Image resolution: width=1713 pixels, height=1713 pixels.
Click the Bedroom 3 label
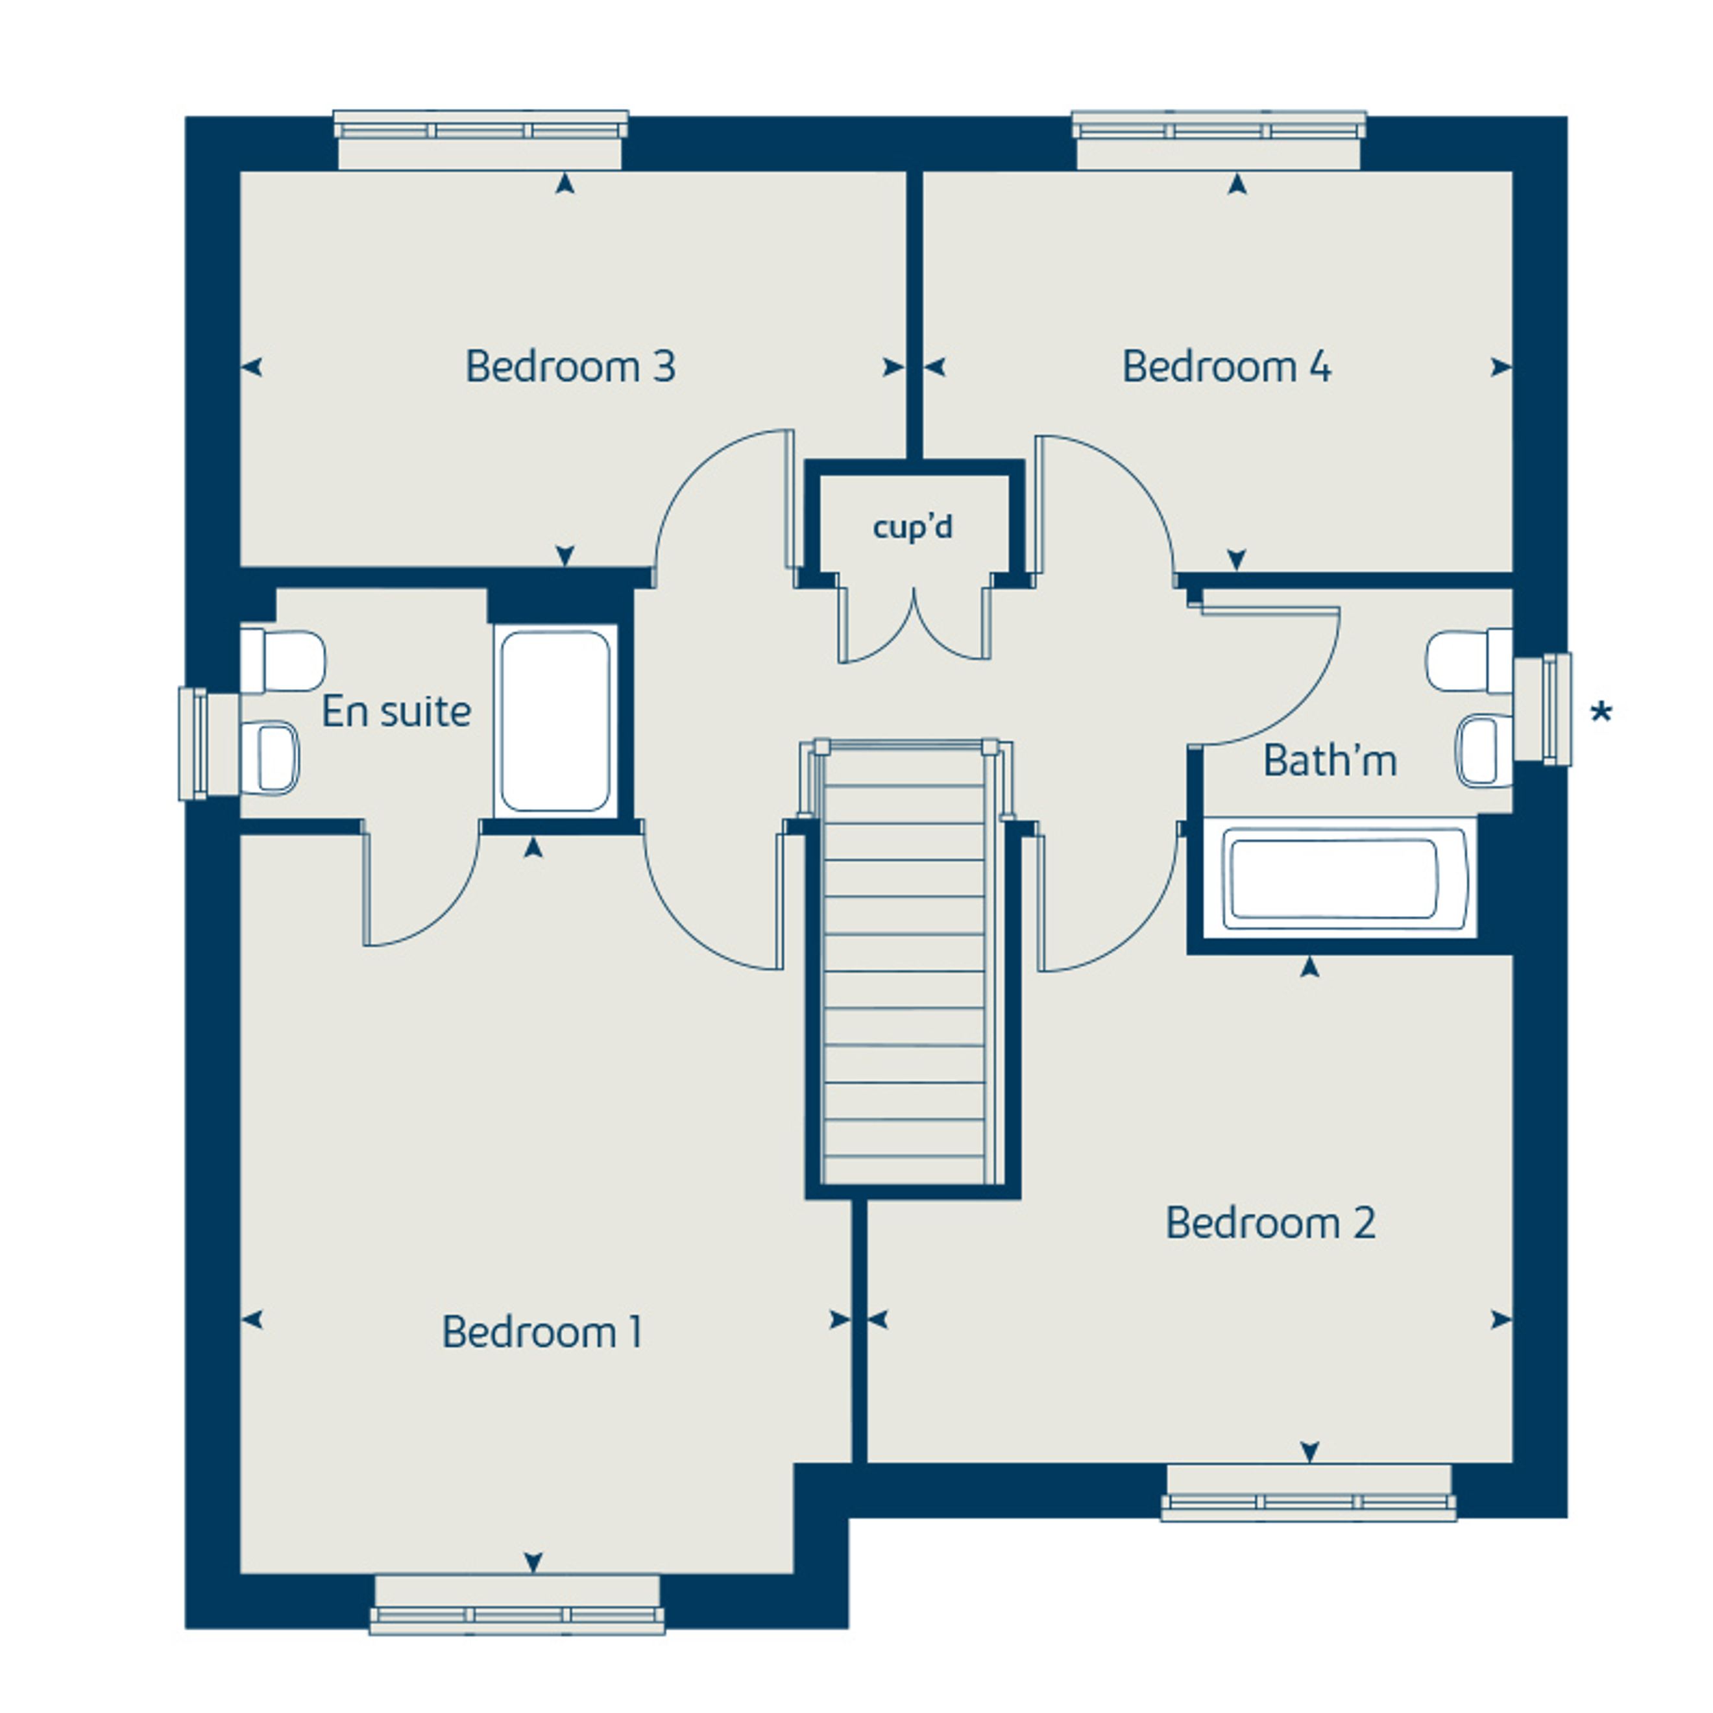click(x=570, y=366)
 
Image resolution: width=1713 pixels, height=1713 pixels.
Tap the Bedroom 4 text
click(x=1226, y=366)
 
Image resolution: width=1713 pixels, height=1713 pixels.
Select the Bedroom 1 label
click(x=542, y=1331)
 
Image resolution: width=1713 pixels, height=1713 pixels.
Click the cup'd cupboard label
click(x=912, y=527)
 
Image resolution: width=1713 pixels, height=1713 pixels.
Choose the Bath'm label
click(x=1330, y=760)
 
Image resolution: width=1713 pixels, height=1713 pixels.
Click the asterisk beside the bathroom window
click(x=1600, y=712)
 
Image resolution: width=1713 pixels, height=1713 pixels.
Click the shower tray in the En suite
click(x=555, y=721)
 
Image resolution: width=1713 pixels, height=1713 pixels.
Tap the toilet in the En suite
click(x=282, y=661)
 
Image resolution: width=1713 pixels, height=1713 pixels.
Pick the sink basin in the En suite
click(x=271, y=758)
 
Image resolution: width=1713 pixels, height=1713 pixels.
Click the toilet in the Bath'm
click(x=1469, y=661)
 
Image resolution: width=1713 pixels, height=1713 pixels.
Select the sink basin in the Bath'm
click(x=1483, y=751)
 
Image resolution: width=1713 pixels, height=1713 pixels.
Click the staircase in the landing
click(x=905, y=962)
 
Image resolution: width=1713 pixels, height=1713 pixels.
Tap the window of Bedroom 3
click(x=481, y=140)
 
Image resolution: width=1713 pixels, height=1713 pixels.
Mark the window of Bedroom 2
click(x=1309, y=1493)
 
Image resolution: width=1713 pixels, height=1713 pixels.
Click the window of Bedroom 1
click(x=517, y=1605)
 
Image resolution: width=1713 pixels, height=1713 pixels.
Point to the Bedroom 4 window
click(x=1219, y=140)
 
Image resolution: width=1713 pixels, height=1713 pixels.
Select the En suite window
click(x=209, y=744)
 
